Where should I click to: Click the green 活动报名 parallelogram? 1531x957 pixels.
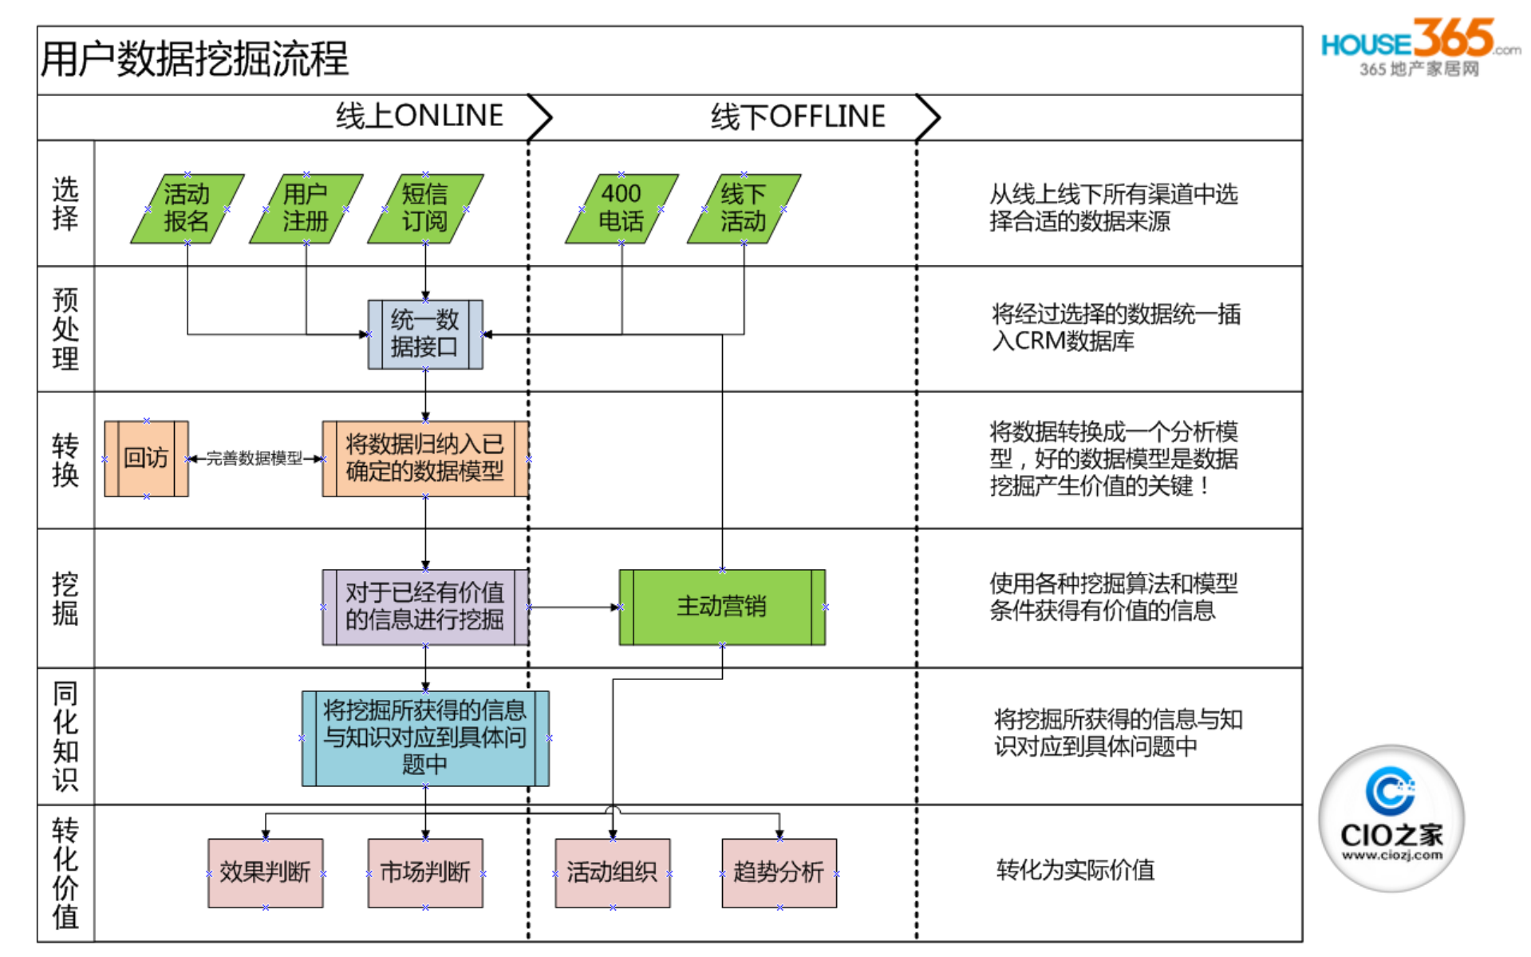coord(187,208)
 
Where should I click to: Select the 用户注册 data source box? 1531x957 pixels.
coord(306,208)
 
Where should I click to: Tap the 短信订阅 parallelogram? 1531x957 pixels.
coord(424,208)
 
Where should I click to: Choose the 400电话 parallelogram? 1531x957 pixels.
coord(621,208)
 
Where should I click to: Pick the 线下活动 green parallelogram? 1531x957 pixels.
coord(743,208)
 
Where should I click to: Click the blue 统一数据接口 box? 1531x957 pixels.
coord(424,334)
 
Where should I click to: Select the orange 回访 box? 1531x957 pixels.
coord(146,458)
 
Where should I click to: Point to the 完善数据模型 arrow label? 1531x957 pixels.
coord(255,458)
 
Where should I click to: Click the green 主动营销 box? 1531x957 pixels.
coord(721,607)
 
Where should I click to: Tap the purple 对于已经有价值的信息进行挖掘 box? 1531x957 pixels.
coord(424,607)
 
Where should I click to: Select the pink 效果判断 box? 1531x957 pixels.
coord(265,872)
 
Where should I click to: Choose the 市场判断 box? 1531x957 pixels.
coord(424,872)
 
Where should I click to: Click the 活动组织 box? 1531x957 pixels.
coord(612,872)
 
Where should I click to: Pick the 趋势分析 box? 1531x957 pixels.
coord(779,872)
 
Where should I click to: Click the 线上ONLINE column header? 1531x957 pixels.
coord(420,117)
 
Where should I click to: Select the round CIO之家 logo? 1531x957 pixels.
coord(1391,818)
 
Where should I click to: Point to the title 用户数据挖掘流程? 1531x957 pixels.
coord(195,60)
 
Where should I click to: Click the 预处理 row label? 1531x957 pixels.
coord(65,329)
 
